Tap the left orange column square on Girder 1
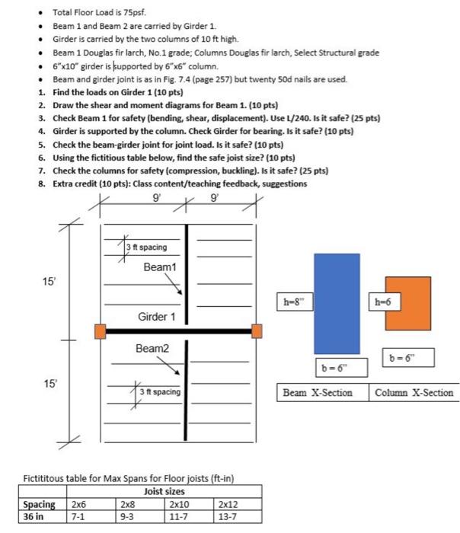[x=100, y=331]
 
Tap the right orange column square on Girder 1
[x=257, y=330]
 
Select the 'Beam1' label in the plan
[x=159, y=267]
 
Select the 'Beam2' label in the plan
[x=152, y=349]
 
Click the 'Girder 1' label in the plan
[x=157, y=316]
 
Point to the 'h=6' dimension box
[x=382, y=301]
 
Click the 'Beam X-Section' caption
[x=318, y=393]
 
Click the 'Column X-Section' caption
[x=414, y=393]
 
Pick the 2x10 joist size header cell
[x=180, y=504]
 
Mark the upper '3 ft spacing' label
[x=147, y=247]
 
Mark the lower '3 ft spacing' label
[x=159, y=392]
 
